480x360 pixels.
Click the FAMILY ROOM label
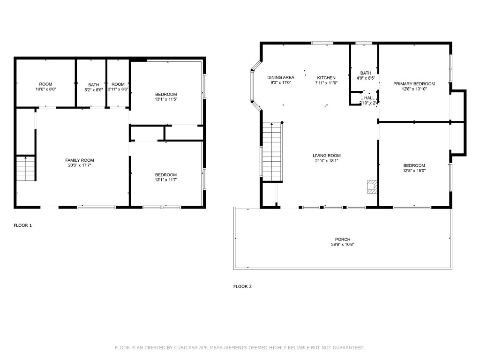pyautogui.click(x=80, y=160)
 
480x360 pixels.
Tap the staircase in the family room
pyautogui.click(x=26, y=169)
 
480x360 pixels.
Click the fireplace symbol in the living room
pyautogui.click(x=372, y=186)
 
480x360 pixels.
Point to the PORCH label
pyautogui.click(x=343, y=240)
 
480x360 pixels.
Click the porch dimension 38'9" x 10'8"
pyautogui.click(x=343, y=244)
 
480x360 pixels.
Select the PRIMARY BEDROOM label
pyautogui.click(x=414, y=84)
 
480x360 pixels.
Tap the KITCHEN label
pyautogui.click(x=326, y=78)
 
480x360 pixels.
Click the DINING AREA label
pyautogui.click(x=281, y=77)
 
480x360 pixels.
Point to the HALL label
pyautogui.click(x=369, y=98)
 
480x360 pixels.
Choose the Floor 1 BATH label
pyautogui.click(x=94, y=85)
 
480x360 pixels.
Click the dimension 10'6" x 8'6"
pyautogui.click(x=45, y=90)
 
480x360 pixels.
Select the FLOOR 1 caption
pyautogui.click(x=22, y=225)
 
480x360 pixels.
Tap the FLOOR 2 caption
pyautogui.click(x=242, y=286)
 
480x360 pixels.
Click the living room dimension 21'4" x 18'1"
pyautogui.click(x=327, y=161)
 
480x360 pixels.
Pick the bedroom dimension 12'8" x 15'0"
pyautogui.click(x=414, y=171)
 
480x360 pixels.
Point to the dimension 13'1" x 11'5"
pyautogui.click(x=166, y=99)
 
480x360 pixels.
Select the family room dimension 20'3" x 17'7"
pyautogui.click(x=80, y=165)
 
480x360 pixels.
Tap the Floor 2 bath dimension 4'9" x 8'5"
pyautogui.click(x=366, y=78)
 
